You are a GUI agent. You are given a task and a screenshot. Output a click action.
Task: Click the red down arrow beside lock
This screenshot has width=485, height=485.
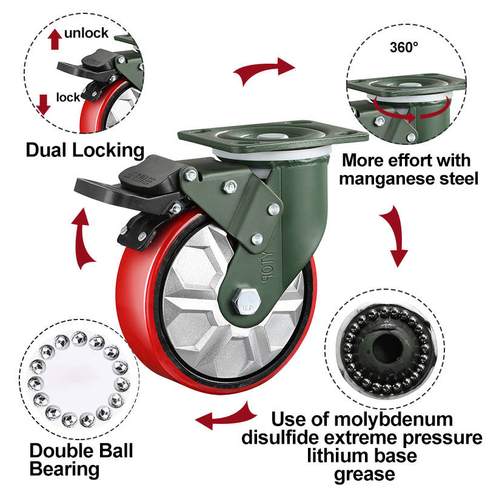pyautogui.click(x=43, y=104)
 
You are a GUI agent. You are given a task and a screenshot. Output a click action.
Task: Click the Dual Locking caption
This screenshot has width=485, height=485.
pyautogui.click(x=85, y=150)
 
